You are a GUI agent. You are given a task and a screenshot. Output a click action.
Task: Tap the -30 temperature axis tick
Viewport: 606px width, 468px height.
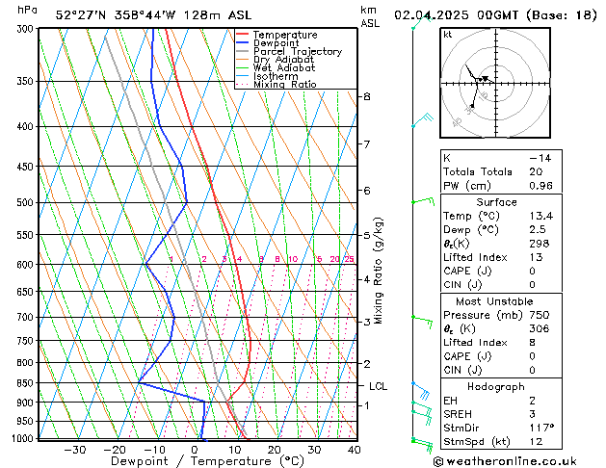tap(74, 449)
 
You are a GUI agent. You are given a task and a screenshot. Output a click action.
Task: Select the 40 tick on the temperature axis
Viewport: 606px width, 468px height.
tap(354, 449)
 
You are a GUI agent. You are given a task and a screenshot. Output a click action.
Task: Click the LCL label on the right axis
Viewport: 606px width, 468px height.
tap(379, 386)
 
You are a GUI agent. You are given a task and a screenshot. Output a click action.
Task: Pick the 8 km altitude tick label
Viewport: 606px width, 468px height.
tap(367, 97)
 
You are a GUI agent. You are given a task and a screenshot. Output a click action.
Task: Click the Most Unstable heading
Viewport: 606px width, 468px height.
tap(496, 300)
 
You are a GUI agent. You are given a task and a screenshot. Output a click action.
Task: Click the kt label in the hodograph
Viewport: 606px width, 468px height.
tap(447, 34)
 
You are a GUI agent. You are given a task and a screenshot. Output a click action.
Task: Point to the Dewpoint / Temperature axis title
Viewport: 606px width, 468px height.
tap(194, 461)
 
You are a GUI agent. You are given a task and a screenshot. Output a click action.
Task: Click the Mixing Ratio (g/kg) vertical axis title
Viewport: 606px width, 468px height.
tap(379, 270)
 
